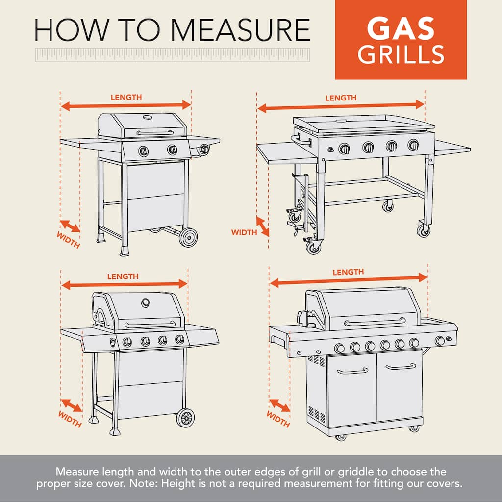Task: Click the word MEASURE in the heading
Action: tap(240, 30)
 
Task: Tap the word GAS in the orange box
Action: tap(401, 28)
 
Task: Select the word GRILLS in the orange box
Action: tap(401, 54)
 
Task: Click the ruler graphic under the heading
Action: tap(173, 55)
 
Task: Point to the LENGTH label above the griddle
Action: tap(341, 98)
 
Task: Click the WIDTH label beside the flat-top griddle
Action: tap(244, 232)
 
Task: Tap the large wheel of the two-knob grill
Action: tap(188, 238)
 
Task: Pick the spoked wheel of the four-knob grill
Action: tap(186, 418)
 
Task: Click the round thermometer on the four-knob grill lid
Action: tap(145, 302)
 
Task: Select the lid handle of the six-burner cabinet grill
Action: tap(375, 322)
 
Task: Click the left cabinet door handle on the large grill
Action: tap(352, 371)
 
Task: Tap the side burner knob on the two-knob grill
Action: tap(204, 149)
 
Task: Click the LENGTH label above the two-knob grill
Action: tap(126, 98)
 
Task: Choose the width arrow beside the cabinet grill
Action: tap(279, 405)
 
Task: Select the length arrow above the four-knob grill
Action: tap(124, 284)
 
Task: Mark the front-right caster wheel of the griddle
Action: tap(424, 230)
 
